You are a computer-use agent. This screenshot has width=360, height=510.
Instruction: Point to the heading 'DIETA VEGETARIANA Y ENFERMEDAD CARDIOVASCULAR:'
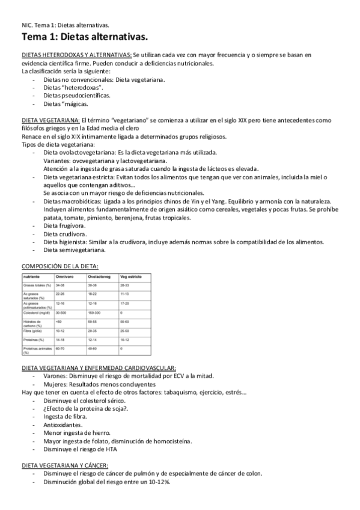pyautogui.click(x=99, y=367)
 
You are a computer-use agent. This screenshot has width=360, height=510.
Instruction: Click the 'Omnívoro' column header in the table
pyautogui.click(x=64, y=275)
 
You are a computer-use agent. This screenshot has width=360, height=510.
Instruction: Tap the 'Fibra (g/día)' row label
pyautogui.click(x=34, y=330)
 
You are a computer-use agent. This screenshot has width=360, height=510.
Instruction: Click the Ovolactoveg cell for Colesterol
pyautogui.click(x=96, y=313)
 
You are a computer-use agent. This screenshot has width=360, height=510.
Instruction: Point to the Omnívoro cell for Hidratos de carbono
pyautogui.click(x=58, y=322)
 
